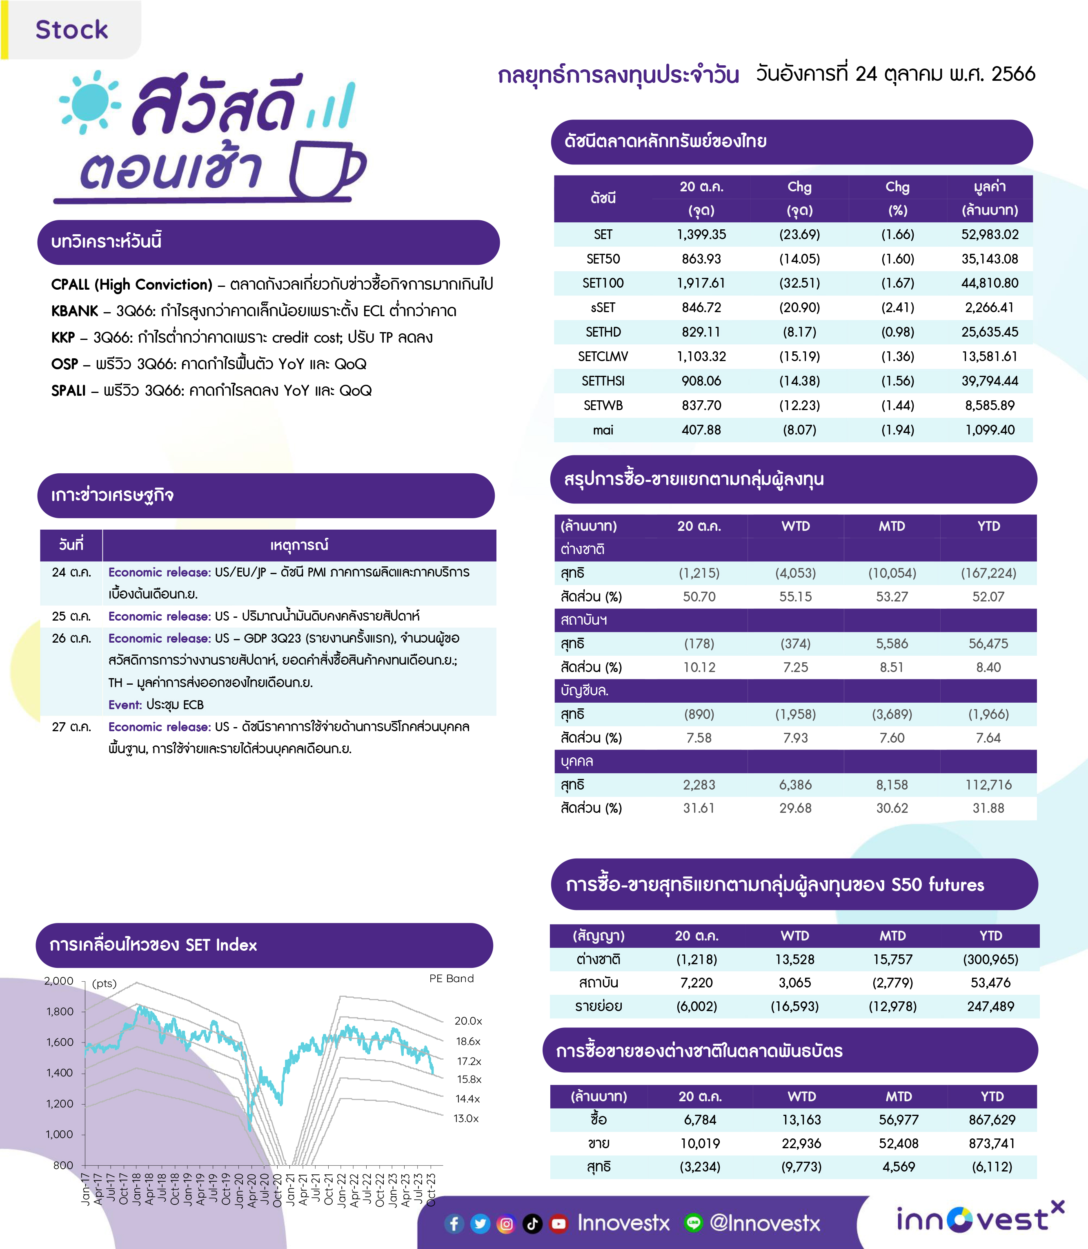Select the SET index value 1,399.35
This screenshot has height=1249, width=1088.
[x=701, y=234]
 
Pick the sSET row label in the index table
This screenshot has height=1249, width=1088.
[x=603, y=308]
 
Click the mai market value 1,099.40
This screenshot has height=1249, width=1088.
[x=990, y=430]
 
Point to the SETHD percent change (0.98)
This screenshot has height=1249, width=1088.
[x=897, y=332]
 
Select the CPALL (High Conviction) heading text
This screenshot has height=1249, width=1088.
[x=132, y=284]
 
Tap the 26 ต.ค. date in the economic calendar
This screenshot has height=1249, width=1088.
[x=71, y=638]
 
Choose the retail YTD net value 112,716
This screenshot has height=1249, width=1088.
[x=988, y=785]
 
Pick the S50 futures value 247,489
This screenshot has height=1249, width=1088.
[x=990, y=1006]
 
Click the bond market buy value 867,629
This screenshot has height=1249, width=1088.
[x=992, y=1120]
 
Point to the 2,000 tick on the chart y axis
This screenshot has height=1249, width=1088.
[x=58, y=981]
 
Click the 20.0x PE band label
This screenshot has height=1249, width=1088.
[x=468, y=1021]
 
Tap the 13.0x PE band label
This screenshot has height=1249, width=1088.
[x=466, y=1118]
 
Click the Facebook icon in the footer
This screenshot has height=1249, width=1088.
[x=454, y=1224]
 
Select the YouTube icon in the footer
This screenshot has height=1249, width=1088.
[x=558, y=1224]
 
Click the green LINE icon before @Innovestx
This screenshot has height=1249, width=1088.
[x=693, y=1223]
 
